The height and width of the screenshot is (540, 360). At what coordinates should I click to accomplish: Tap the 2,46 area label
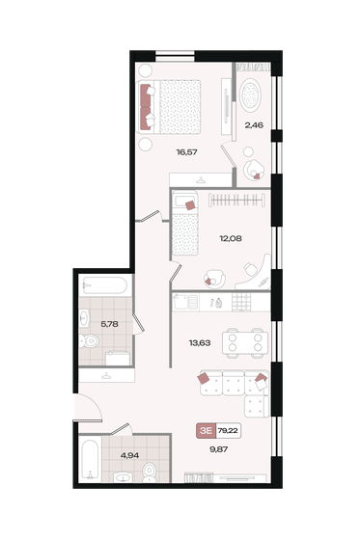(x=254, y=124)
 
